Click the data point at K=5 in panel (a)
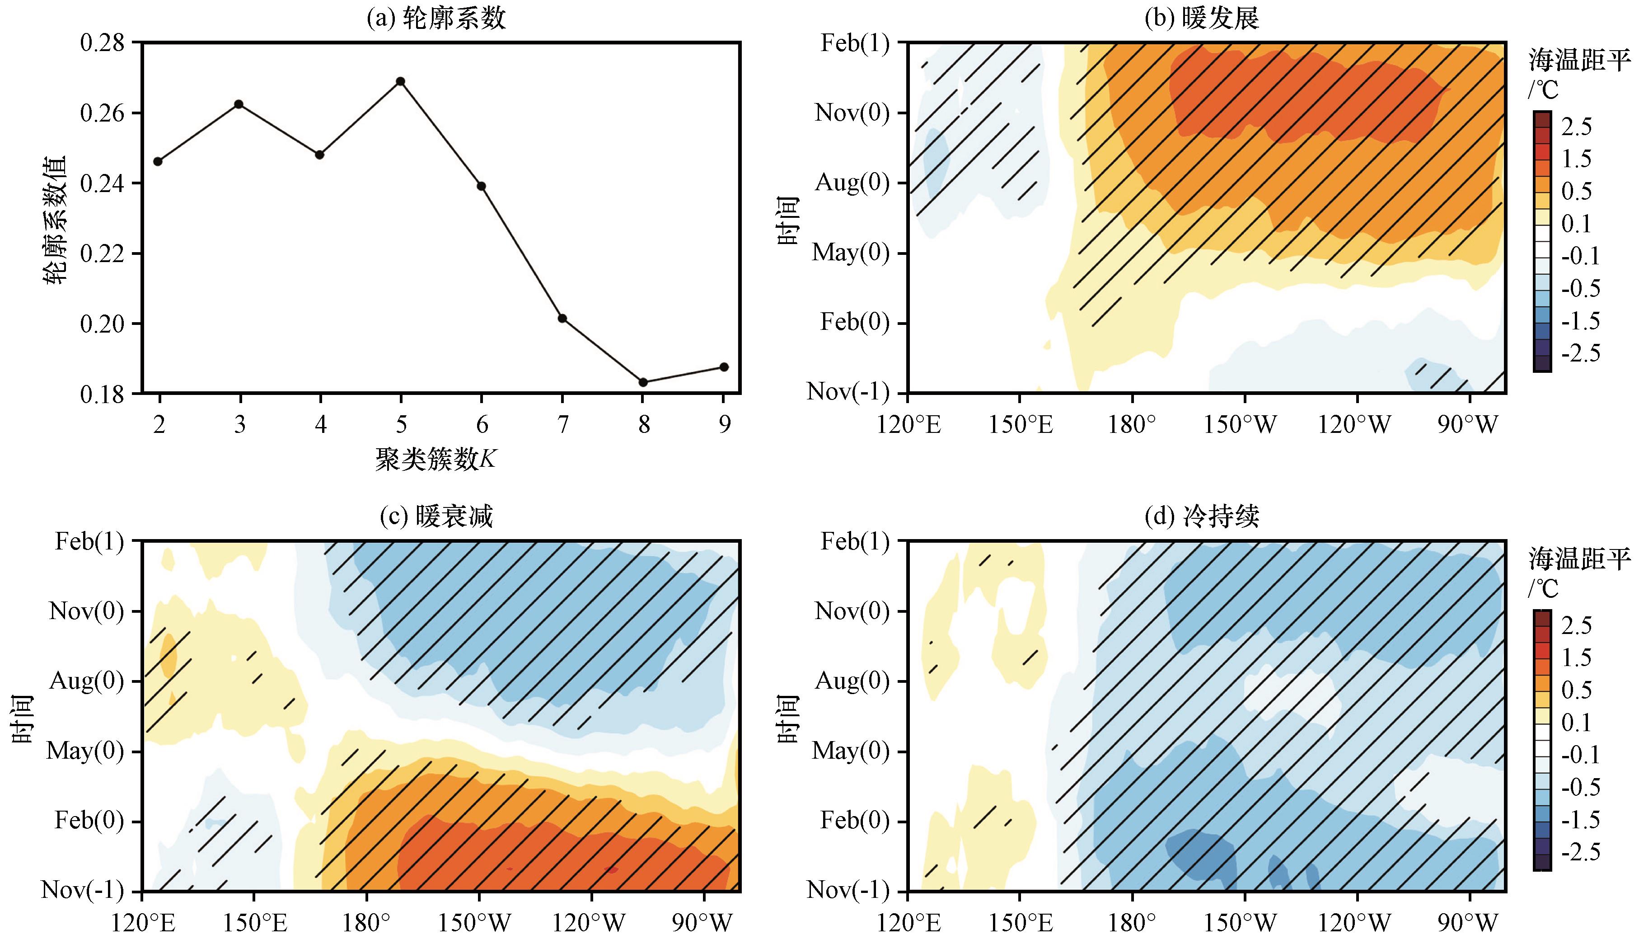400,81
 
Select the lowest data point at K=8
643,382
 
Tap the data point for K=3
239,104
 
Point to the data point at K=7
562,319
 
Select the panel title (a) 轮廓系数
436,19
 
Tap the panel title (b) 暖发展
1202,19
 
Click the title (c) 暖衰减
436,516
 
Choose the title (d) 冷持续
1202,516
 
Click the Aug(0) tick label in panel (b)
852,183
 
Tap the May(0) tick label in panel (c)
84,751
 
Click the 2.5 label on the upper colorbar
1577,127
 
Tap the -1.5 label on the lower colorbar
1580,820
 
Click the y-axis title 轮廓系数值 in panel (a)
56,219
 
